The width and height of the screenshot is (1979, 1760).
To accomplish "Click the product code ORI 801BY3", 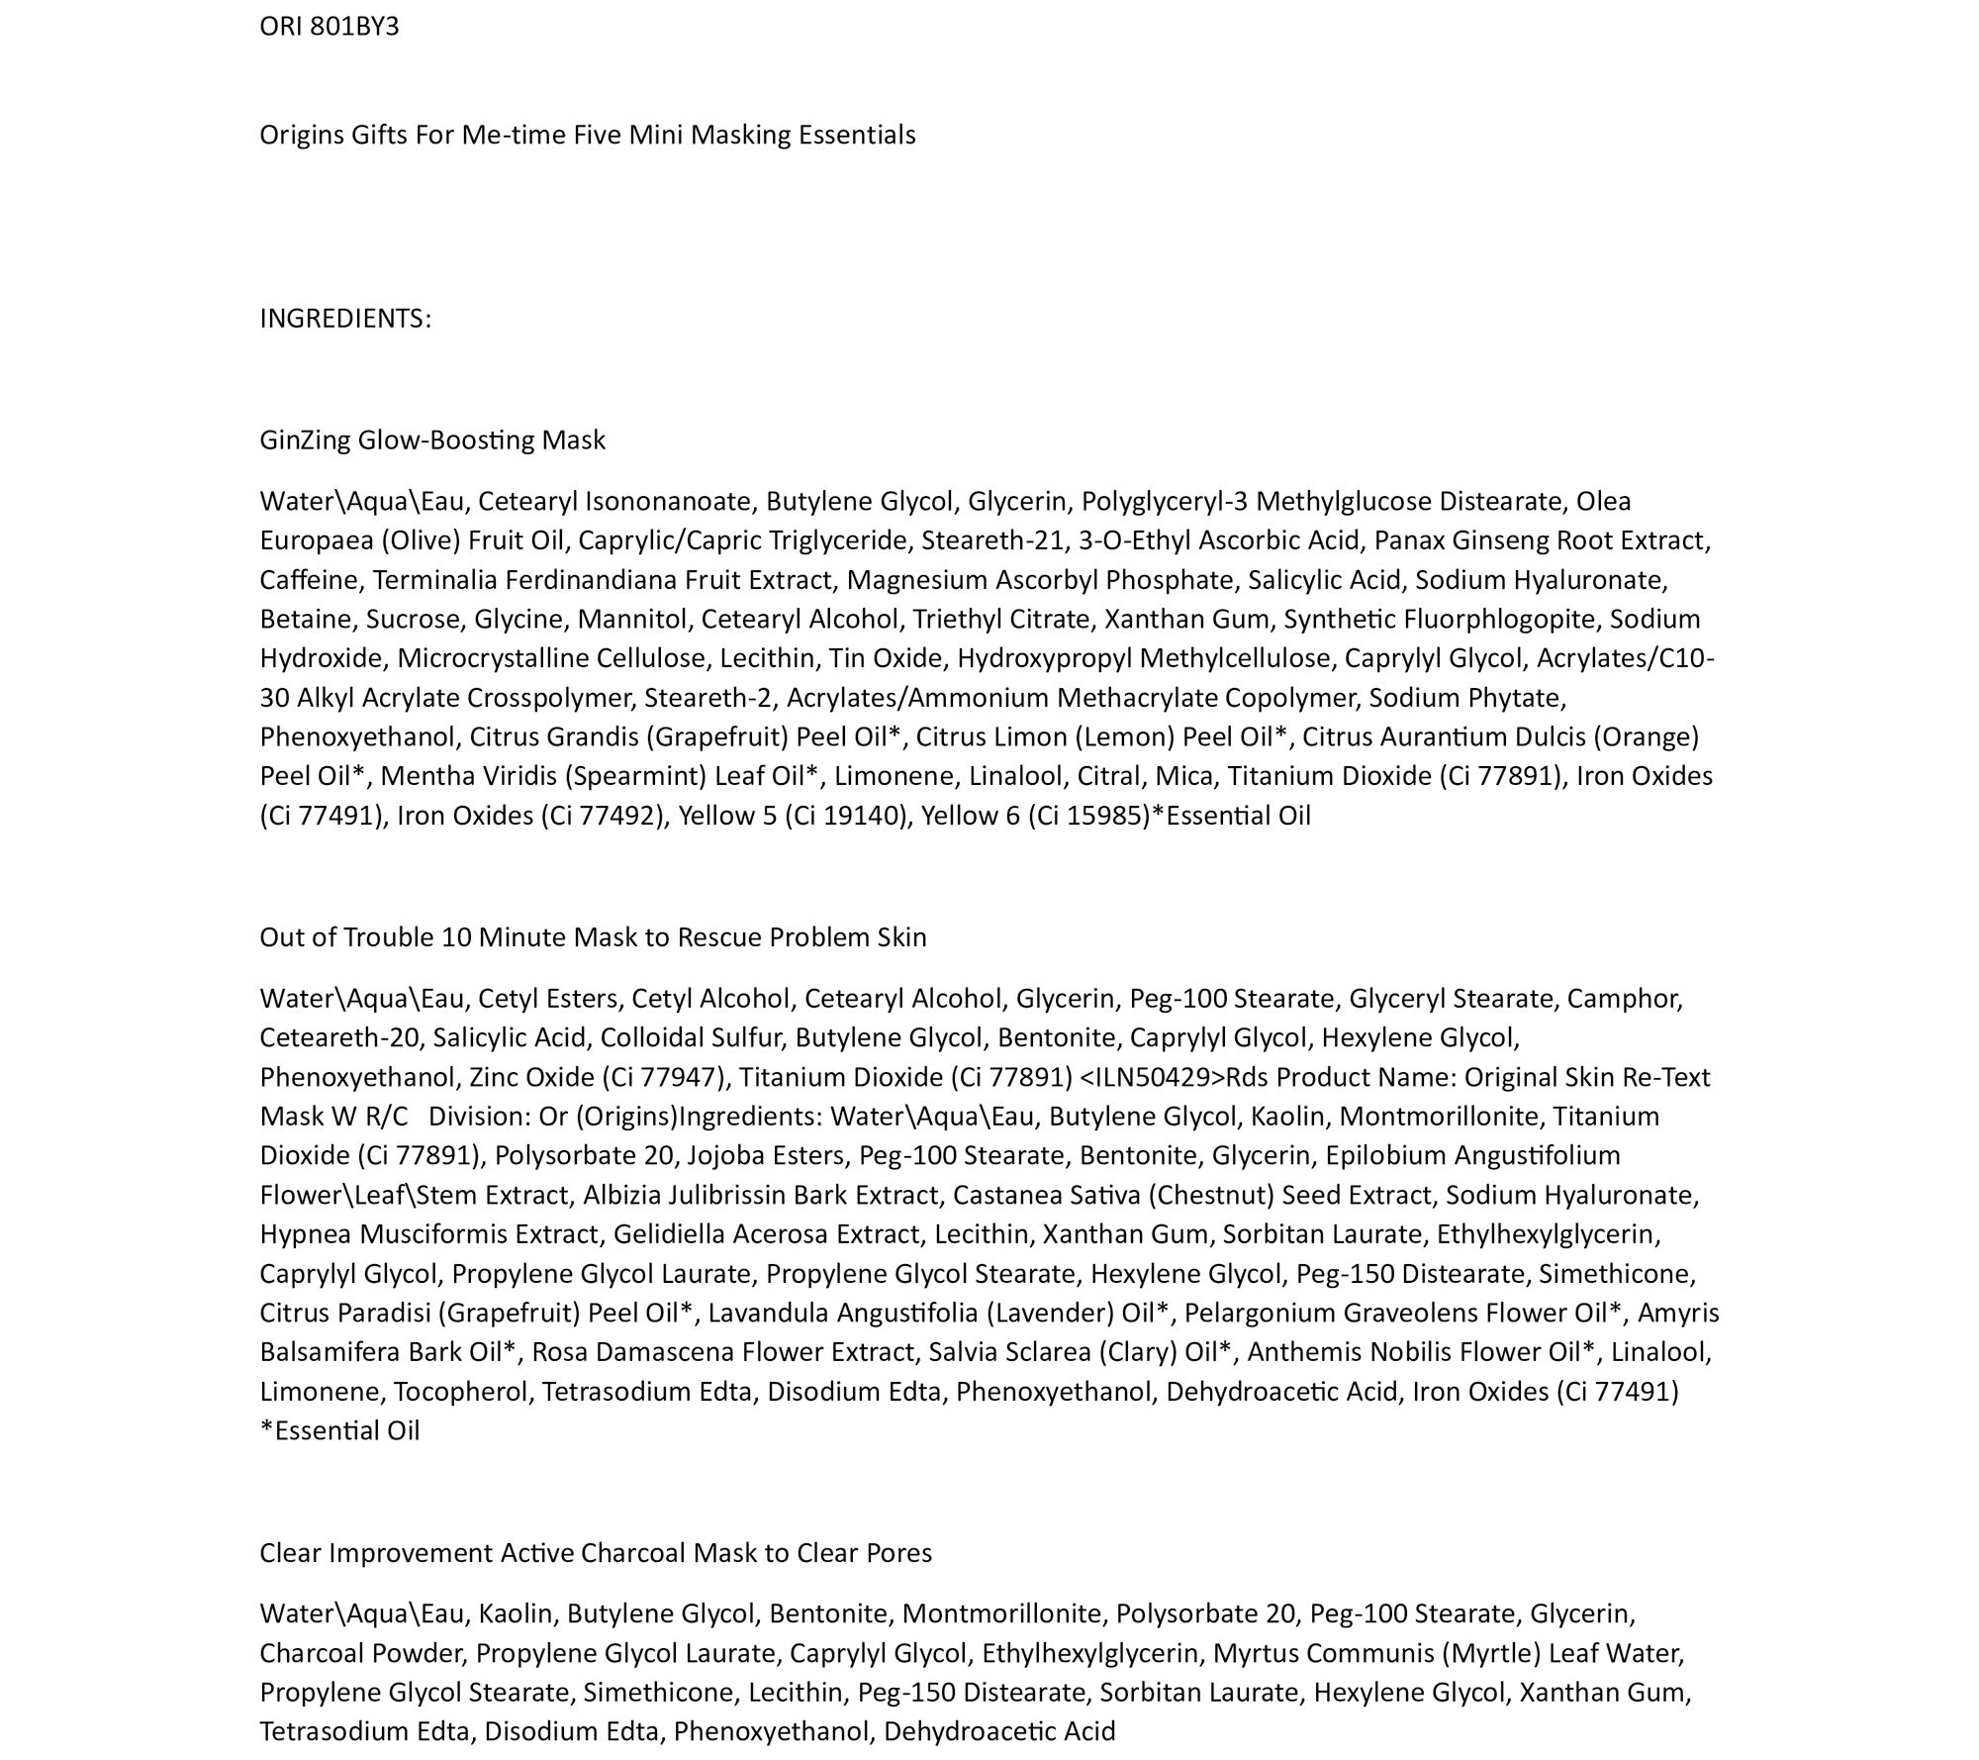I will point(330,27).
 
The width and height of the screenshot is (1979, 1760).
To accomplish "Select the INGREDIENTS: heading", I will point(345,319).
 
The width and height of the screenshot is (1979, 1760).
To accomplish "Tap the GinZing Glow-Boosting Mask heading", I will point(432,440).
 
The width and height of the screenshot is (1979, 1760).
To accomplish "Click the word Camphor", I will point(1624,999).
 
